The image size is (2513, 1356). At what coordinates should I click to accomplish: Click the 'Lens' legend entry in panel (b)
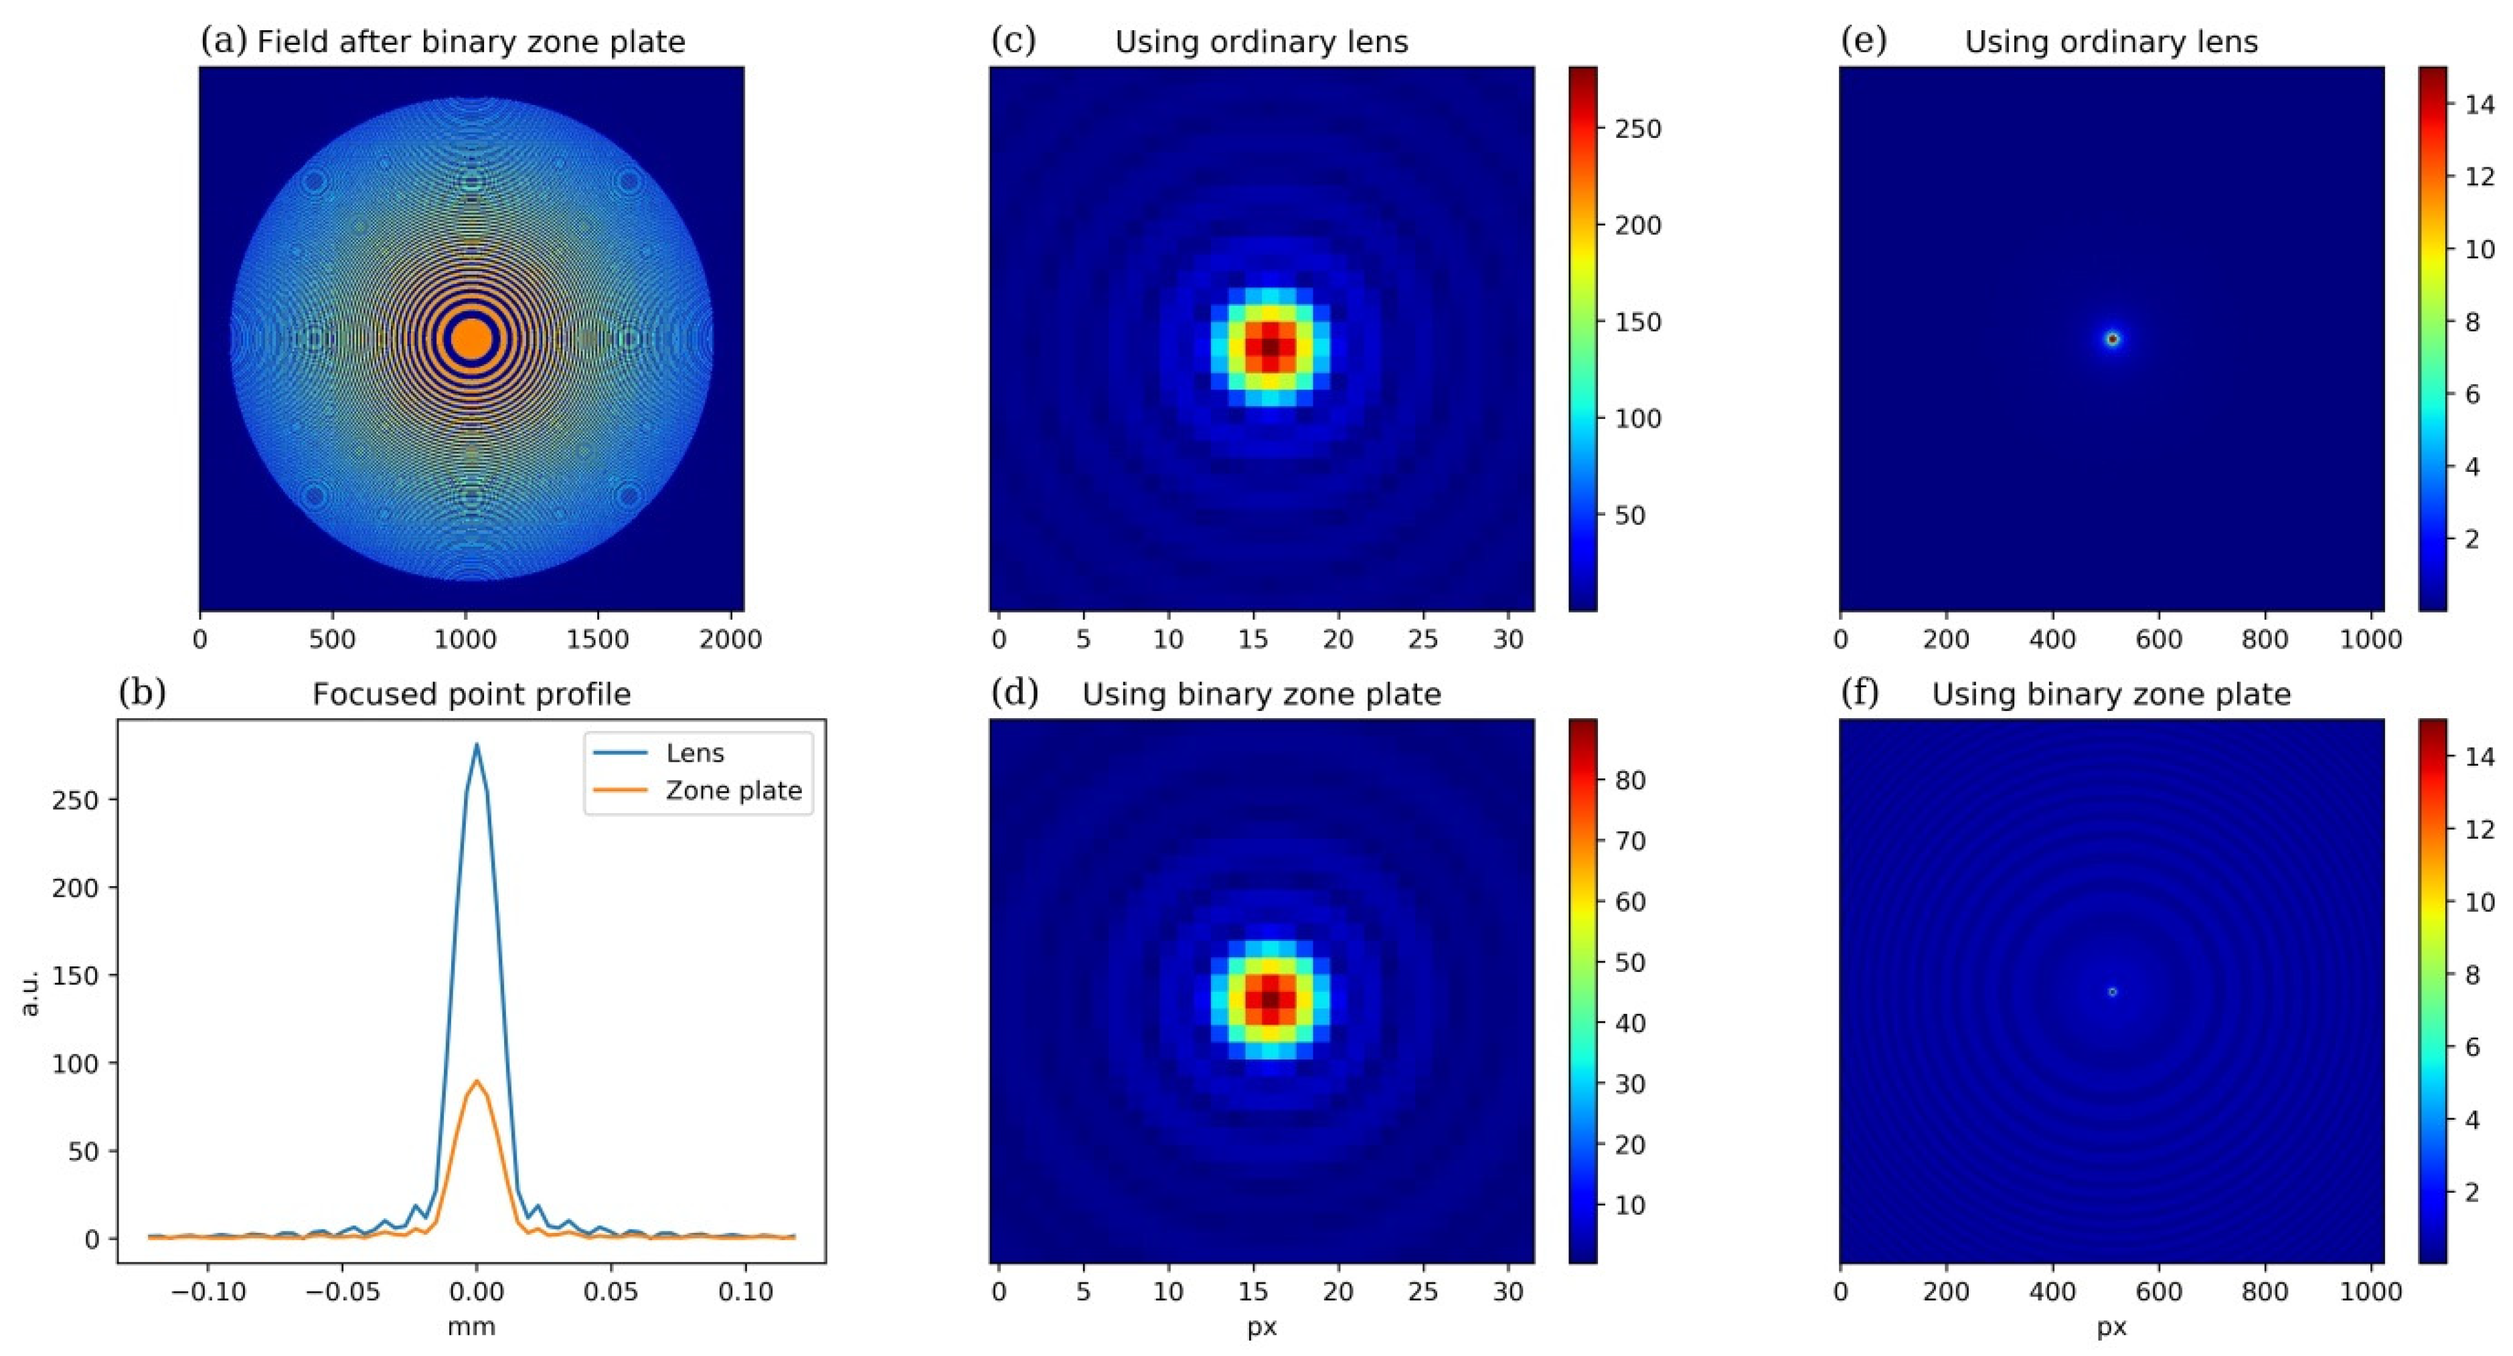(695, 753)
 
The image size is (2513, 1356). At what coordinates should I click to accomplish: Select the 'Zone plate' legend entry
(734, 790)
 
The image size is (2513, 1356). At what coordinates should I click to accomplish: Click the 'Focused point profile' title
(471, 695)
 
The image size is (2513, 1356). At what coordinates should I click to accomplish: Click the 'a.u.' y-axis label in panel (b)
(29, 992)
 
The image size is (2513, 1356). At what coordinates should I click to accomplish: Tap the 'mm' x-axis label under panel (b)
(471, 1327)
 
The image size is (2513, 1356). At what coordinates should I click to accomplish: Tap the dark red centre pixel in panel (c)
(1270, 346)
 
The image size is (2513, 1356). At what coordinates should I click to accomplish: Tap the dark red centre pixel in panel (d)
(1270, 1000)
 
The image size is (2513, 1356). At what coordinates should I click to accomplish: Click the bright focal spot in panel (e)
(2112, 339)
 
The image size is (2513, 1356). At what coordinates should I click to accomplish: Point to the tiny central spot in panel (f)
(2112, 992)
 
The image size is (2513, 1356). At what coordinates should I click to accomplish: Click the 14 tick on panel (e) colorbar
(2479, 104)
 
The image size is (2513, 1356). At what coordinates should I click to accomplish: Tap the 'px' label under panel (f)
(2112, 1327)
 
